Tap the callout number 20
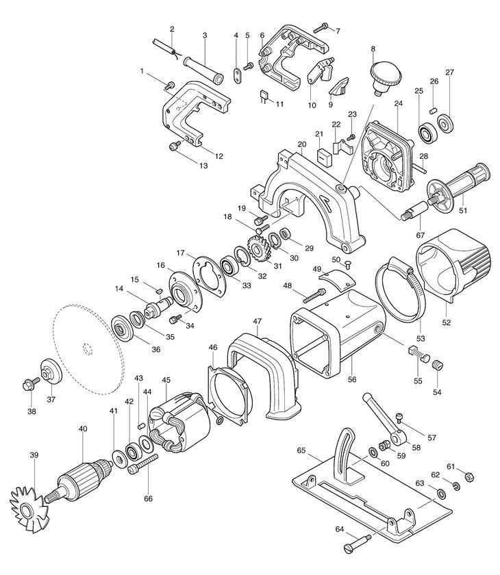(301, 144)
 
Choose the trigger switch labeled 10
(317, 72)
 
